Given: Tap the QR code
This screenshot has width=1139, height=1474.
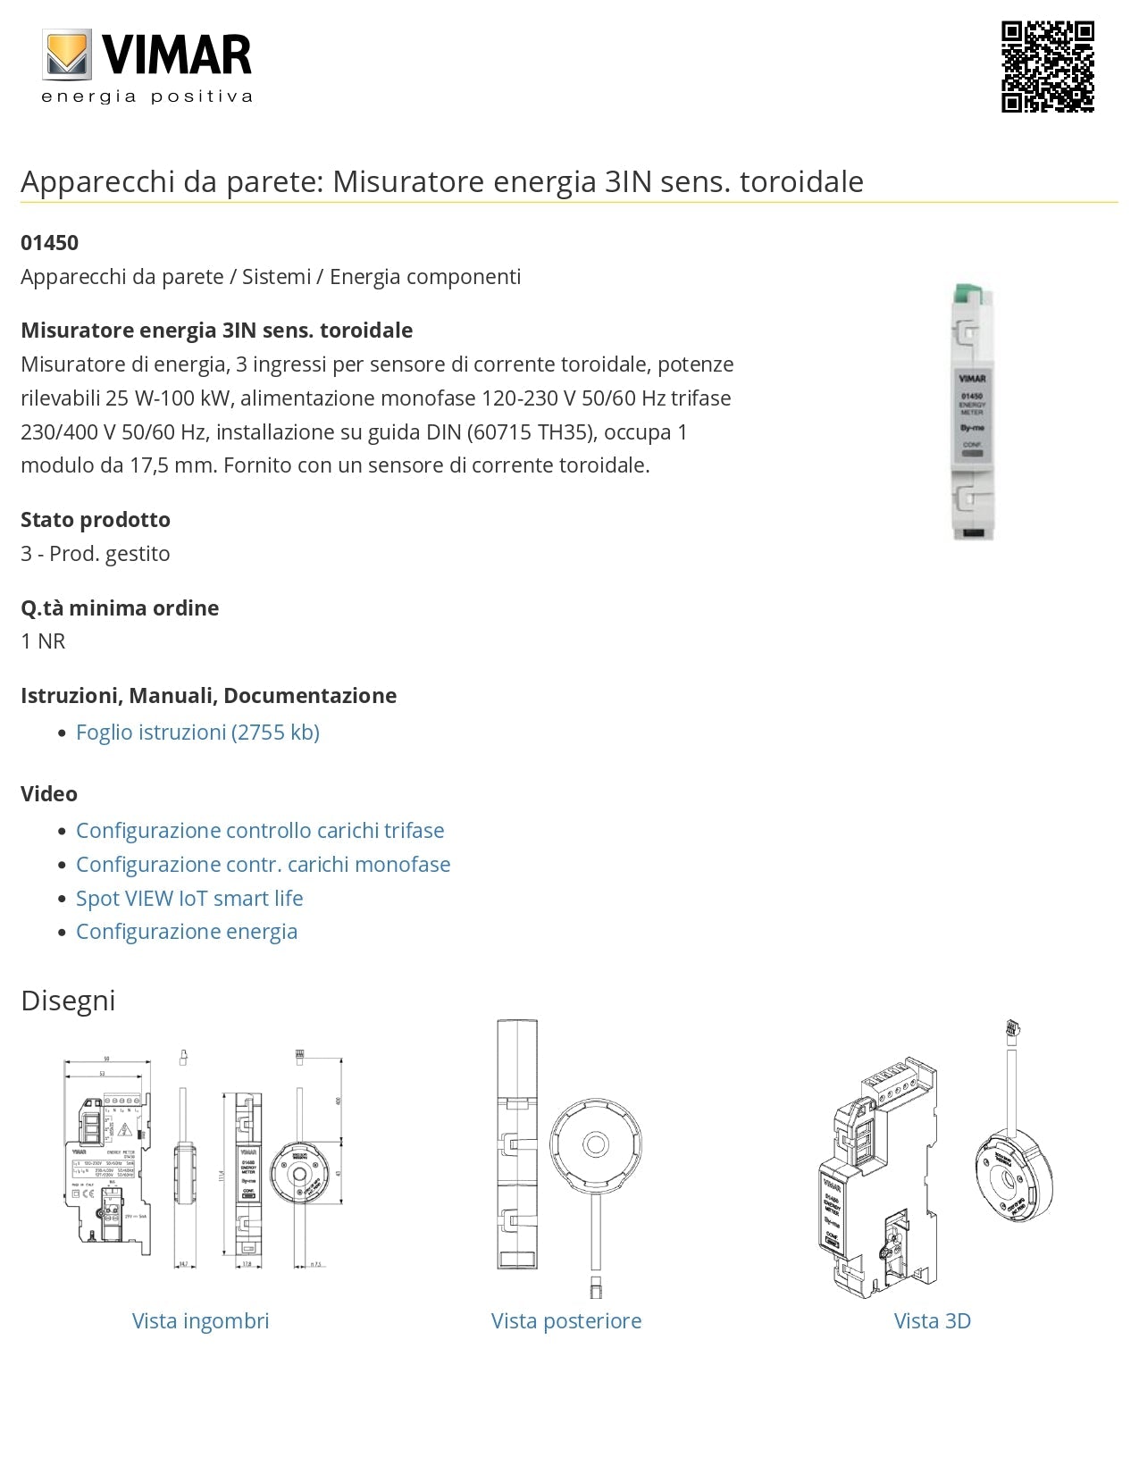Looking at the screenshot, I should click(1047, 67).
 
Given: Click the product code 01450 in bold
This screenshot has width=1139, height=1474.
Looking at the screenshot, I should click(49, 243).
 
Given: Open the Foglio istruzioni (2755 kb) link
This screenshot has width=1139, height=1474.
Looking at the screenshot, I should click(197, 733).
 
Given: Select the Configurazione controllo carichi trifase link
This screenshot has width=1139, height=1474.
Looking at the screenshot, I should click(260, 831).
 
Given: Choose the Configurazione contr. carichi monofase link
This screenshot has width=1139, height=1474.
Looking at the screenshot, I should click(263, 865).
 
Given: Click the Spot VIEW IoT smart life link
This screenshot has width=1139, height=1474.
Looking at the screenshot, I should click(189, 899).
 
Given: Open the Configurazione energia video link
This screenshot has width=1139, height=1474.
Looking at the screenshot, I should click(187, 932).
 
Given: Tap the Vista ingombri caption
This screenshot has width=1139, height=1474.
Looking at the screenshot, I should click(200, 1321).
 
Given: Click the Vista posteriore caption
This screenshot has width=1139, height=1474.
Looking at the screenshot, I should click(566, 1321).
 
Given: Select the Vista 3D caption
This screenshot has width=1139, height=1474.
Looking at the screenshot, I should click(932, 1321).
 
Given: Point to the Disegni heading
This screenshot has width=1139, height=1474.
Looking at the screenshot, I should click(68, 1001).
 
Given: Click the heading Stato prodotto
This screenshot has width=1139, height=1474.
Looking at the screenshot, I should click(96, 520).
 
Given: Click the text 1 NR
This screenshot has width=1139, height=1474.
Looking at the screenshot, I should click(43, 641).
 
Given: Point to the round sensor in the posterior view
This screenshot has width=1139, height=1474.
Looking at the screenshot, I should click(595, 1145).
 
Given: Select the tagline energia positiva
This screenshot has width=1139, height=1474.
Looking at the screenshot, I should click(147, 96).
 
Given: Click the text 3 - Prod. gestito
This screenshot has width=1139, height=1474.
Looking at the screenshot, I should click(96, 554).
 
